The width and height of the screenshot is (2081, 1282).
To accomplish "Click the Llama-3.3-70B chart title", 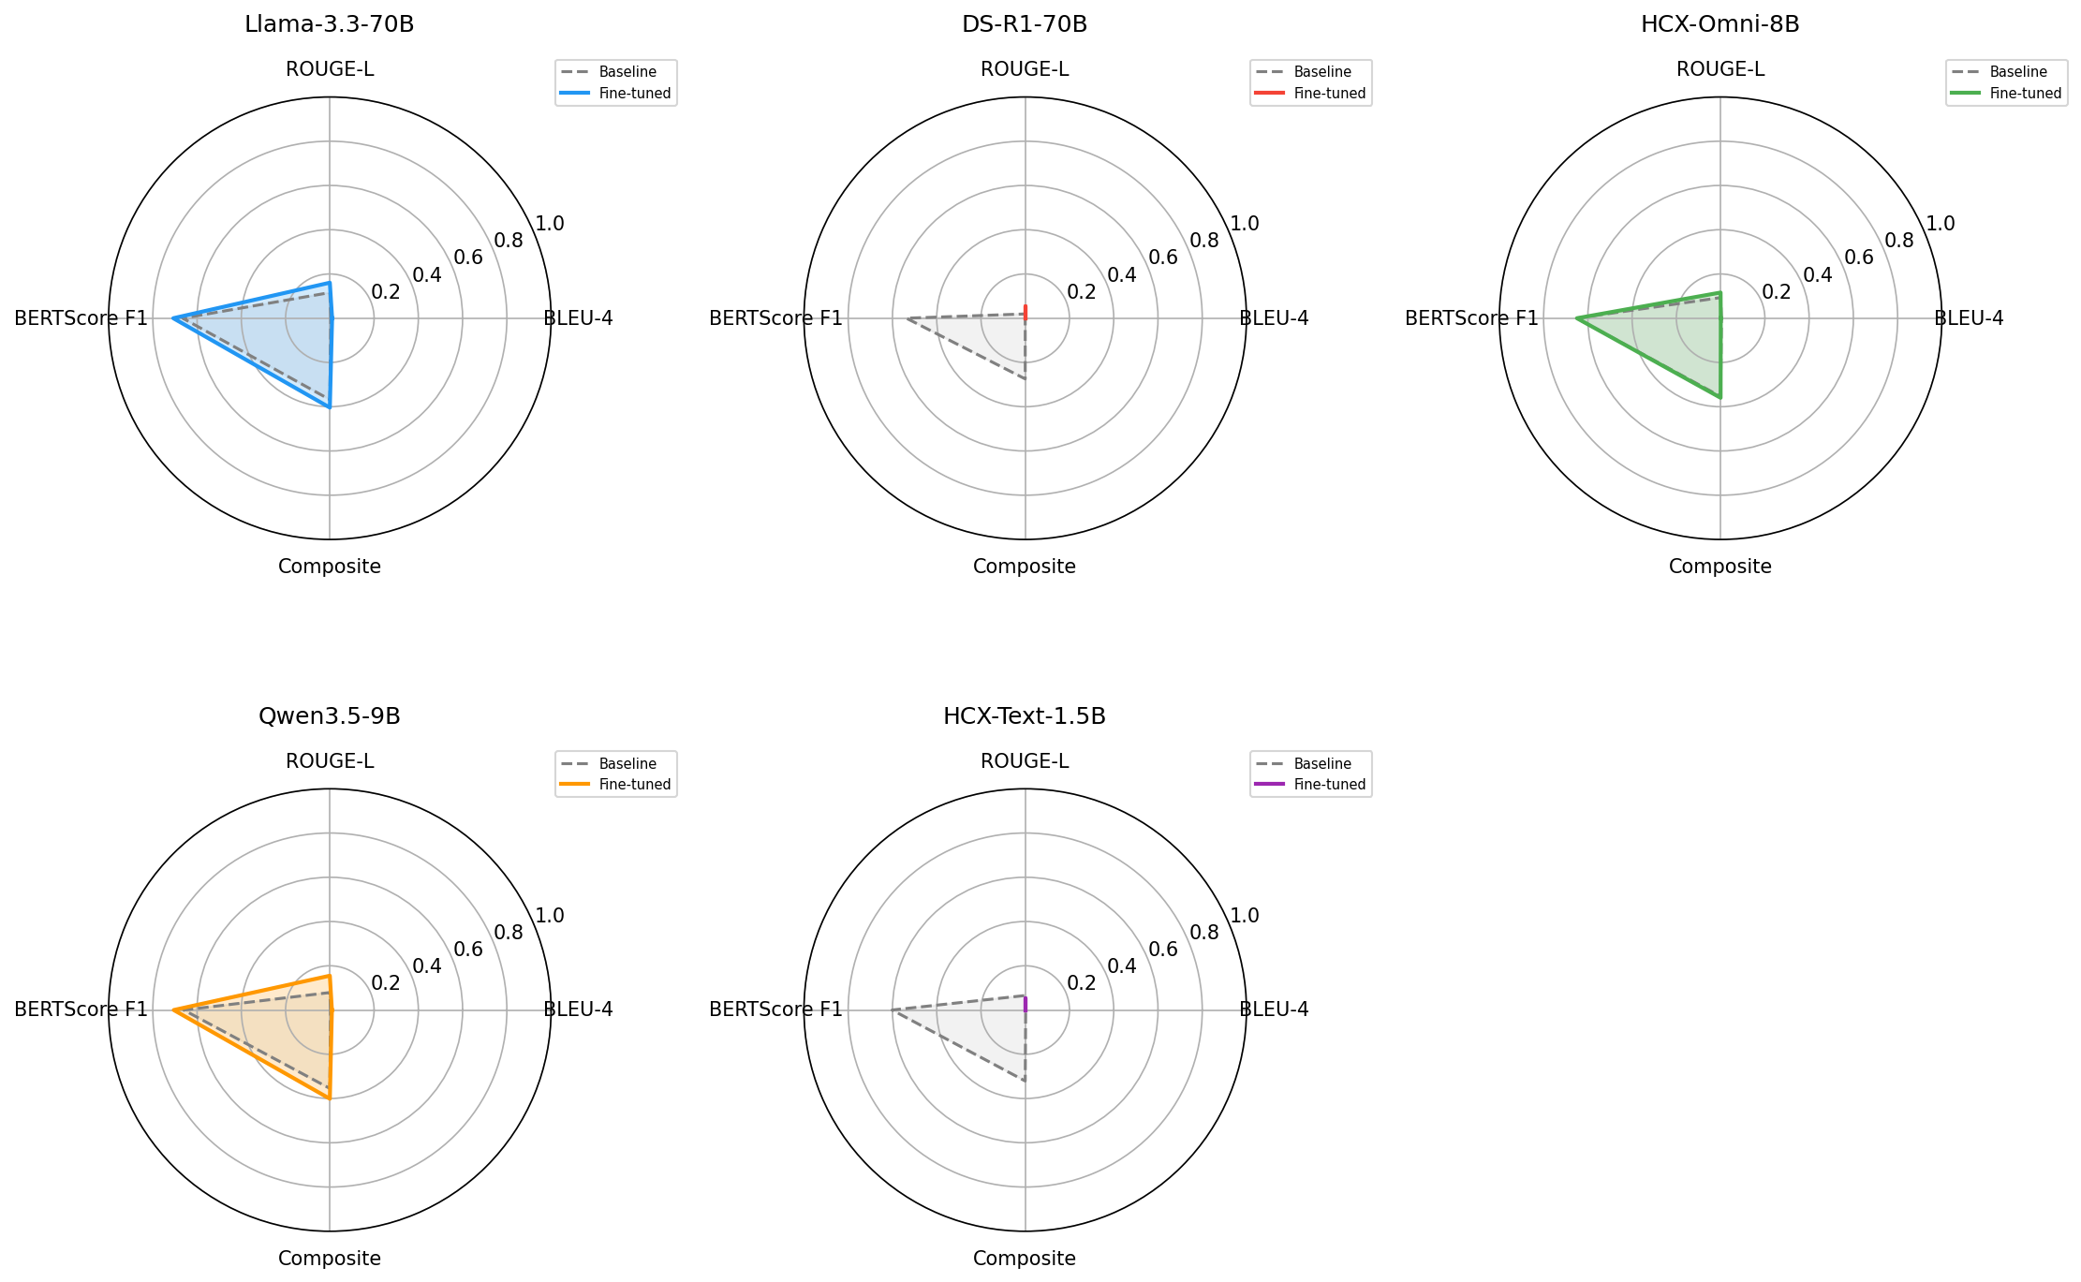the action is click(330, 25).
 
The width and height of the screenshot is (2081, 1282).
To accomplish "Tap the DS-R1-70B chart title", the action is click(1025, 25).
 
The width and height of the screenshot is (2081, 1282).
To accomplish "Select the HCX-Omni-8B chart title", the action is click(1720, 25).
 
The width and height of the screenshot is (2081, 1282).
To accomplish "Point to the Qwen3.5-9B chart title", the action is click(330, 716).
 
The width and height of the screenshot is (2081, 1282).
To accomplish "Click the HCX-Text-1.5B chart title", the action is click(1025, 716).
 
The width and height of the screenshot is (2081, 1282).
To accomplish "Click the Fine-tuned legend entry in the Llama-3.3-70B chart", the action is click(616, 94).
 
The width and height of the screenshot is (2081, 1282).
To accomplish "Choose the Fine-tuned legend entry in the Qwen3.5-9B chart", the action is click(616, 785).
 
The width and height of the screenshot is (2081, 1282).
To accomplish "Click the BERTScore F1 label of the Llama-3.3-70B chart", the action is click(81, 318).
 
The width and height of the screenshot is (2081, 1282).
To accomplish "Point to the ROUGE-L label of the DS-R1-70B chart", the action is click(1025, 69).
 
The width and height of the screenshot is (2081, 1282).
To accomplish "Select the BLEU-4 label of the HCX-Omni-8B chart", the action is click(1969, 318).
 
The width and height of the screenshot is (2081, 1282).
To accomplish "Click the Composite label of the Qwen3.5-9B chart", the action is click(330, 1258).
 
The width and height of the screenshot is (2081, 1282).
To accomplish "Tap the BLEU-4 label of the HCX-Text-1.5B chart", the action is click(1274, 1009).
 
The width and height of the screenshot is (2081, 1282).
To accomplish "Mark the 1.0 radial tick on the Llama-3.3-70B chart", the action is click(550, 223).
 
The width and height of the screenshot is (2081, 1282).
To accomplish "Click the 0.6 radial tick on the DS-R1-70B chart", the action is click(1163, 258).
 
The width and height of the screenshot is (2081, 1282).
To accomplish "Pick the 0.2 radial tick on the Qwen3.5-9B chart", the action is click(386, 982).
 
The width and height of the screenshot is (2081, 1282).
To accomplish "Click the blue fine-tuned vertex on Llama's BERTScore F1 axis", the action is click(173, 318).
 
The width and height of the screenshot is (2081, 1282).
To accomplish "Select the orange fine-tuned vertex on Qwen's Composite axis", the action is click(330, 1098).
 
